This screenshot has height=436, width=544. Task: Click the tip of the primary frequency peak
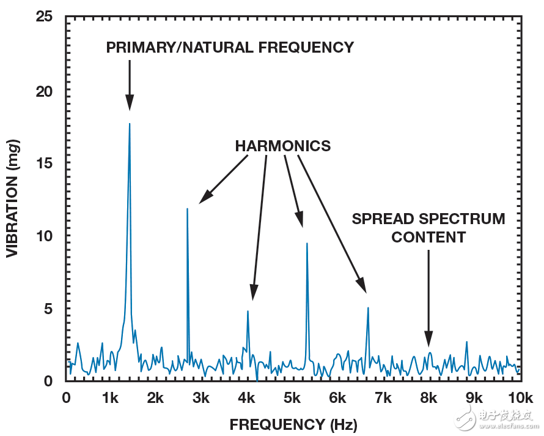tap(130, 124)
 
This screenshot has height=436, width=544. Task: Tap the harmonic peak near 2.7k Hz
tap(187, 209)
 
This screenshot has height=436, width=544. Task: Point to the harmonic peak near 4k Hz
tap(248, 311)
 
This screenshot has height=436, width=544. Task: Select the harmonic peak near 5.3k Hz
tap(307, 244)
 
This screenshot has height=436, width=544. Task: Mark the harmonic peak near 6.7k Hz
tap(368, 307)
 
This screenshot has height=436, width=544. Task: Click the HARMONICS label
tap(282, 146)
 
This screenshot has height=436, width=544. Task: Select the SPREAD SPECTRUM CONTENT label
tap(428, 228)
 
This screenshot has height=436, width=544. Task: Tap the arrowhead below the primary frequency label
tap(130, 104)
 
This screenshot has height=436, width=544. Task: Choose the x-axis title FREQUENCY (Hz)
tap(293, 424)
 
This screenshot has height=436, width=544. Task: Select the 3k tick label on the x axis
tap(201, 397)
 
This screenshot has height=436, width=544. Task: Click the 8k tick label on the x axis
tap(428, 397)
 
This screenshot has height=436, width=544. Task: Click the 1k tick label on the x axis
tap(110, 397)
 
